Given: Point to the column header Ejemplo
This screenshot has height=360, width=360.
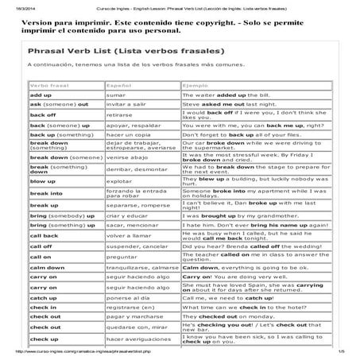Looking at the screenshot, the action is click(x=195, y=83).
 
